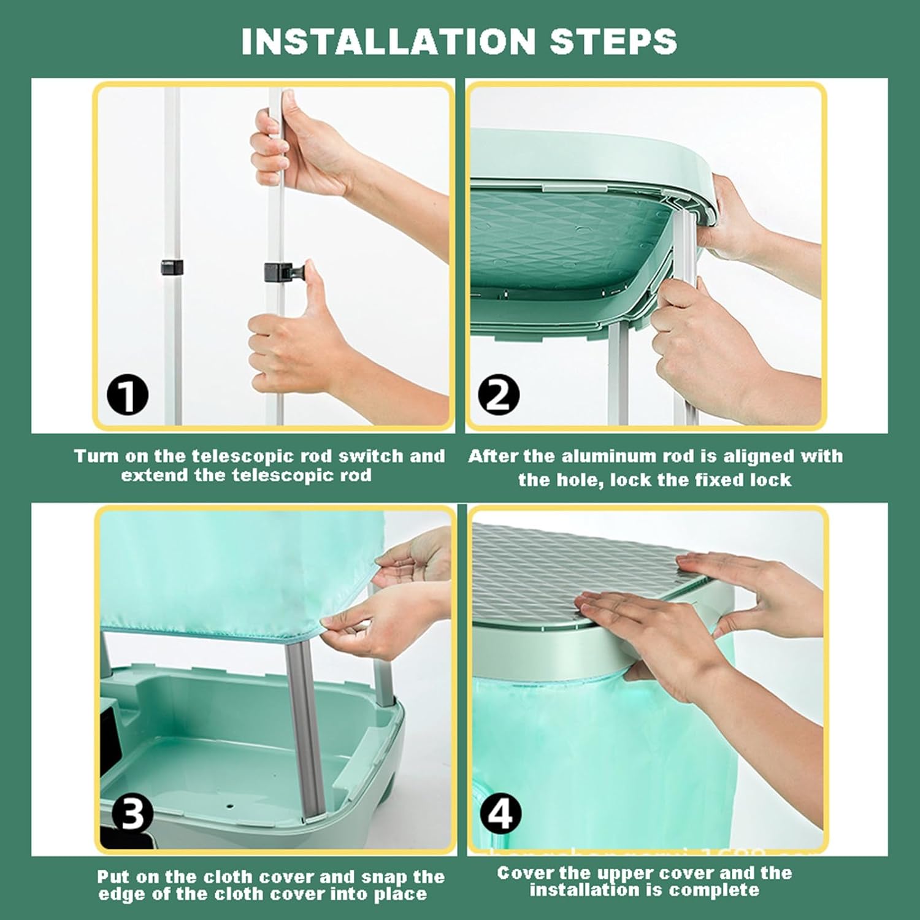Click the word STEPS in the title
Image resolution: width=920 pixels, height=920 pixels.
pyautogui.click(x=613, y=41)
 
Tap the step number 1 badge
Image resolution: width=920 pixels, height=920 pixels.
pyautogui.click(x=128, y=396)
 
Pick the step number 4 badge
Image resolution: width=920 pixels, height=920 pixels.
pyautogui.click(x=501, y=814)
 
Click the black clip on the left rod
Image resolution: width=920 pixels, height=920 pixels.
pyautogui.click(x=172, y=267)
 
